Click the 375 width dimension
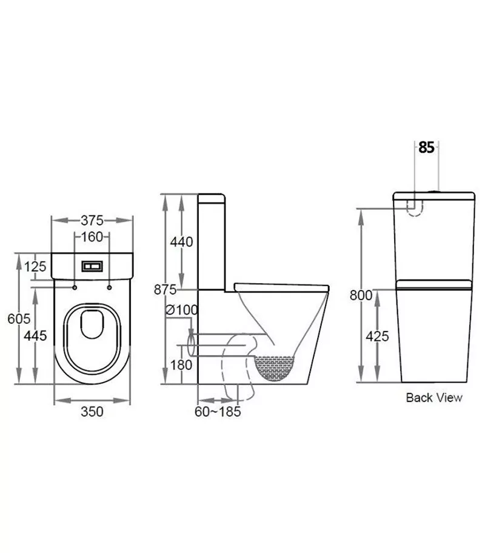92,220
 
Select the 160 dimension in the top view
92,237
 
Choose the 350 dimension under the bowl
92,412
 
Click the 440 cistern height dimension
181,242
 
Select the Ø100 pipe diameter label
182,310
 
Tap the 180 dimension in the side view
181,364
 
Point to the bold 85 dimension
426,147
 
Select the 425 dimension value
378,337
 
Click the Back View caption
433,398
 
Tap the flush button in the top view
92,266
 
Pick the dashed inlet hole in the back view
414,206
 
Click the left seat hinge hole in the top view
75,287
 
